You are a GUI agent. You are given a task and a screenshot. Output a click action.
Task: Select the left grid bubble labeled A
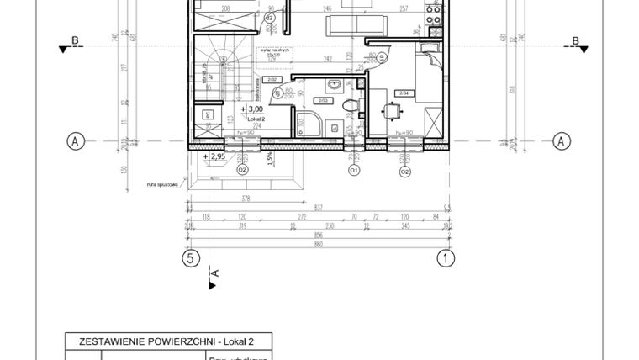click(75, 141)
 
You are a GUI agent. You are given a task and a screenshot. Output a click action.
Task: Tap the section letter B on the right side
click(575, 41)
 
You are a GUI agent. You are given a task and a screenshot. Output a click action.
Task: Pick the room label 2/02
click(272, 81)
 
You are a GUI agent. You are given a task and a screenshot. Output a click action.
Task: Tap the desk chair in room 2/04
click(392, 111)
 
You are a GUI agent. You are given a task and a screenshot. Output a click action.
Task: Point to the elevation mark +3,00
click(253, 109)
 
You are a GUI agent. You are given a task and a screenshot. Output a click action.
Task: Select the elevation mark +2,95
click(216, 156)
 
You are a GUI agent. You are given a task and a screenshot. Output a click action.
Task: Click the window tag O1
click(354, 171)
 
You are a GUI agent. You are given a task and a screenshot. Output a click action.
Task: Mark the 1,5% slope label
click(269, 159)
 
